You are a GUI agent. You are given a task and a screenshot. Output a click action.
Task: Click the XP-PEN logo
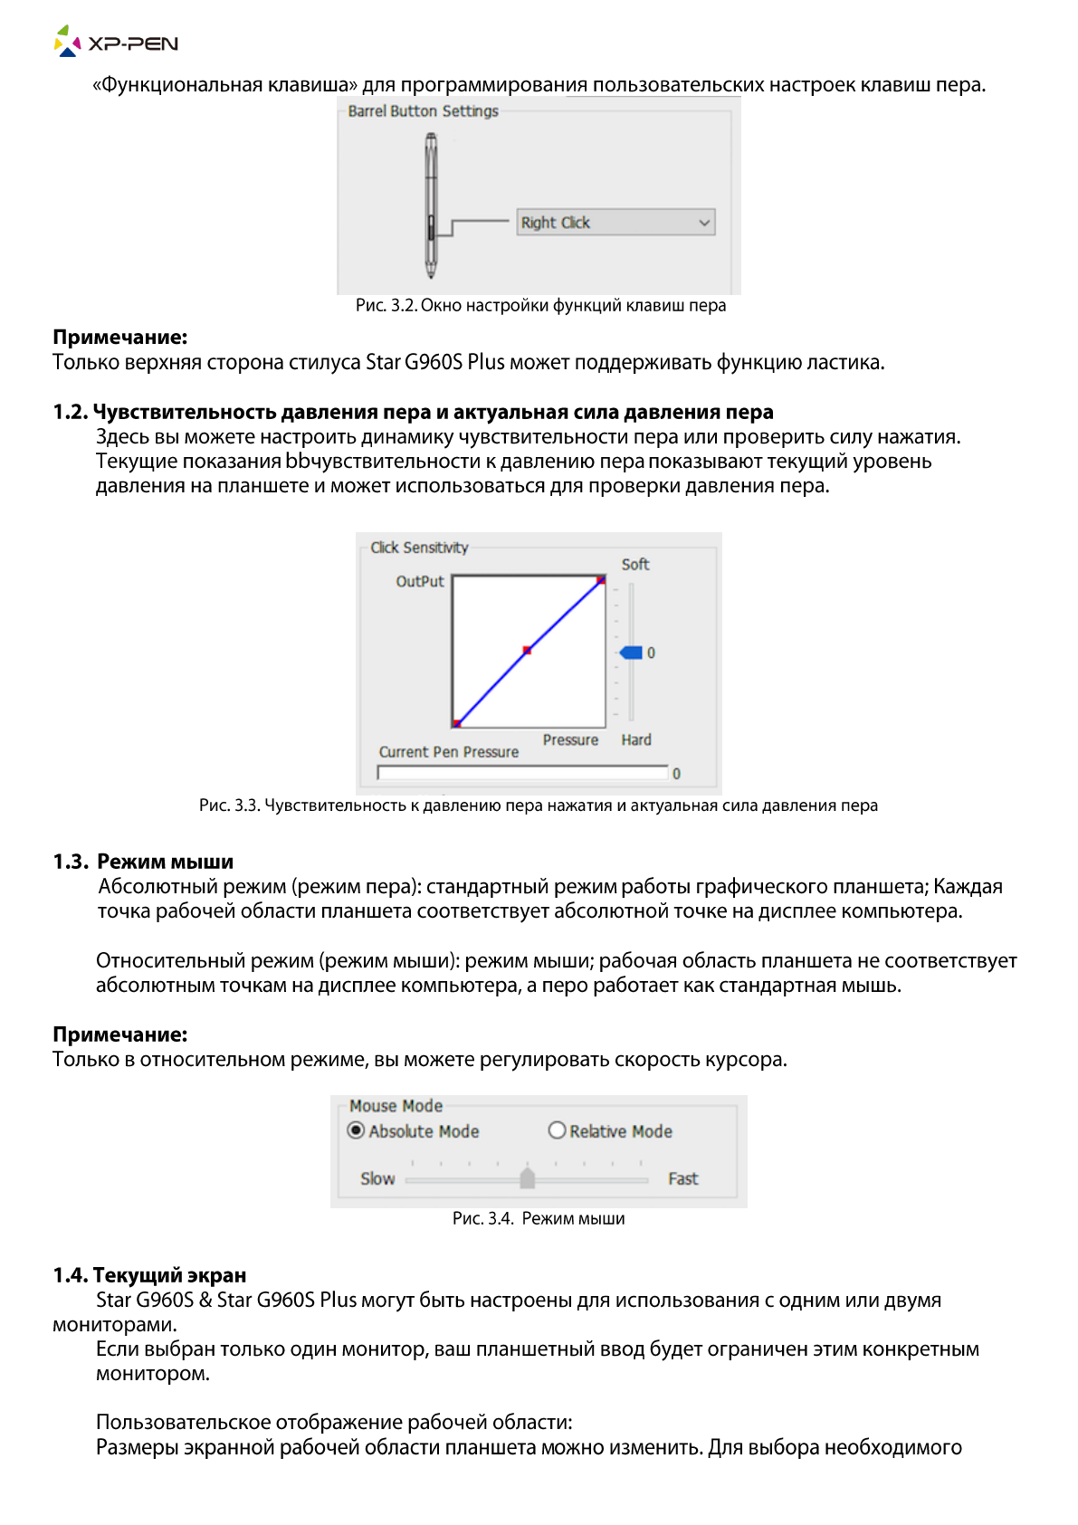click(x=116, y=42)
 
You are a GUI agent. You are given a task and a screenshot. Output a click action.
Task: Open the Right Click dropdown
click(x=615, y=223)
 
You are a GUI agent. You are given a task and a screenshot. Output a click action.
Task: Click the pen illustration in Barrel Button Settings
click(x=432, y=206)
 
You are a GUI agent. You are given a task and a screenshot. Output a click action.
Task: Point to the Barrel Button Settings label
click(x=423, y=111)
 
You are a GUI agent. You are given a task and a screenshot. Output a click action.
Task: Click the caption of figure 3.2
click(x=540, y=306)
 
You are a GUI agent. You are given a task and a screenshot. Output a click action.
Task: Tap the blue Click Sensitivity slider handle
click(x=632, y=653)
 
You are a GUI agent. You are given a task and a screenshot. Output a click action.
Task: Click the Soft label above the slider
click(x=635, y=565)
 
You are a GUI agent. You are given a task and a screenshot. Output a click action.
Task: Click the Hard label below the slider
click(x=636, y=740)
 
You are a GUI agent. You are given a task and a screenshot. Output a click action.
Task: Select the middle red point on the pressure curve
click(x=527, y=651)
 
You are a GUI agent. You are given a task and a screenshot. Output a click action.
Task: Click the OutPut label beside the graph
click(x=420, y=582)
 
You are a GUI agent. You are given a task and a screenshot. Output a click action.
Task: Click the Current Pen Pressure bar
click(x=522, y=773)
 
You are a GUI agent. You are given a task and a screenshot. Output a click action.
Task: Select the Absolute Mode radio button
click(x=357, y=1130)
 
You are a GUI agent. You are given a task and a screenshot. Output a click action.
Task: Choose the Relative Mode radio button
click(x=558, y=1130)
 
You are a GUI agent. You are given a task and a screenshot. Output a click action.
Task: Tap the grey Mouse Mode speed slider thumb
click(x=528, y=1177)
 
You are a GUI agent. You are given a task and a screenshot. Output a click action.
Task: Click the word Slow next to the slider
click(x=377, y=1179)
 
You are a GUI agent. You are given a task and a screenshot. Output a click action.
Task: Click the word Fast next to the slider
click(x=683, y=1179)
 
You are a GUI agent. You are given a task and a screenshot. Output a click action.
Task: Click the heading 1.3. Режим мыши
click(x=143, y=862)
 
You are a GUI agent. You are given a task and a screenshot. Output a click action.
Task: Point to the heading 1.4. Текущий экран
click(x=149, y=1275)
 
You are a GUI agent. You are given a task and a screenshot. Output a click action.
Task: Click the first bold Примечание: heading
click(x=119, y=338)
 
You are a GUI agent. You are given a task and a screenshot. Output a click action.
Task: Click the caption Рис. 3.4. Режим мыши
click(x=539, y=1219)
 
